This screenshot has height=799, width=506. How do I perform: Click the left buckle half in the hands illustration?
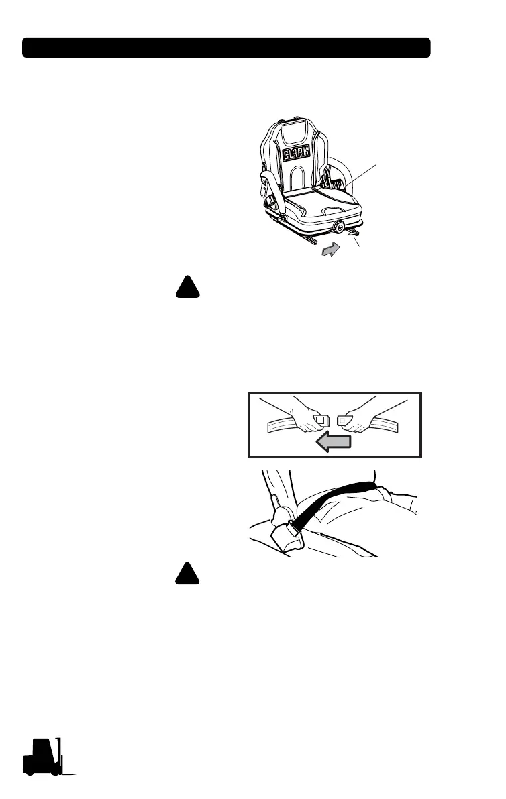pyautogui.click(x=321, y=421)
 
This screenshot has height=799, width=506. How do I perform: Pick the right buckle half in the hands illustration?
pyautogui.click(x=344, y=421)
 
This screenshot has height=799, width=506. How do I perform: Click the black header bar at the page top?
pyautogui.click(x=226, y=48)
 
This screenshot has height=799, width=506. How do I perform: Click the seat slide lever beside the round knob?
pyautogui.click(x=354, y=235)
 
